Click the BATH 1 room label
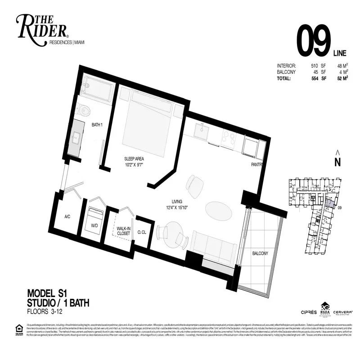pyautogui.click(x=98, y=125)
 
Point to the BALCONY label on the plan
pyautogui.click(x=261, y=253)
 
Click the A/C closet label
pyautogui.click(x=67, y=217)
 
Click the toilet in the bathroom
pyautogui.click(x=83, y=109)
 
